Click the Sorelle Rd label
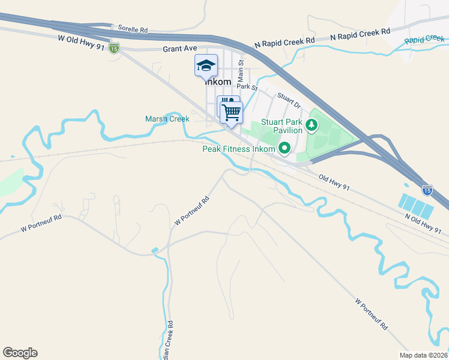(x=133, y=29)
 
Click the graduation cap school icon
(x=206, y=65)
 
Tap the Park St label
(x=246, y=88)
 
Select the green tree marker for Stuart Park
(x=311, y=125)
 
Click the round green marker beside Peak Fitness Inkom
(x=285, y=148)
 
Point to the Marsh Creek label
(x=167, y=119)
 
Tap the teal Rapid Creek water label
(x=423, y=40)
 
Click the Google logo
(x=20, y=353)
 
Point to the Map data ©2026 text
(x=423, y=355)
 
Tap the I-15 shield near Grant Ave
(x=114, y=48)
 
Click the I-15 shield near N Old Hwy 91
(x=427, y=190)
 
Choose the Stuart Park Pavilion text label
(x=288, y=125)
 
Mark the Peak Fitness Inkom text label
(x=239, y=149)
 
